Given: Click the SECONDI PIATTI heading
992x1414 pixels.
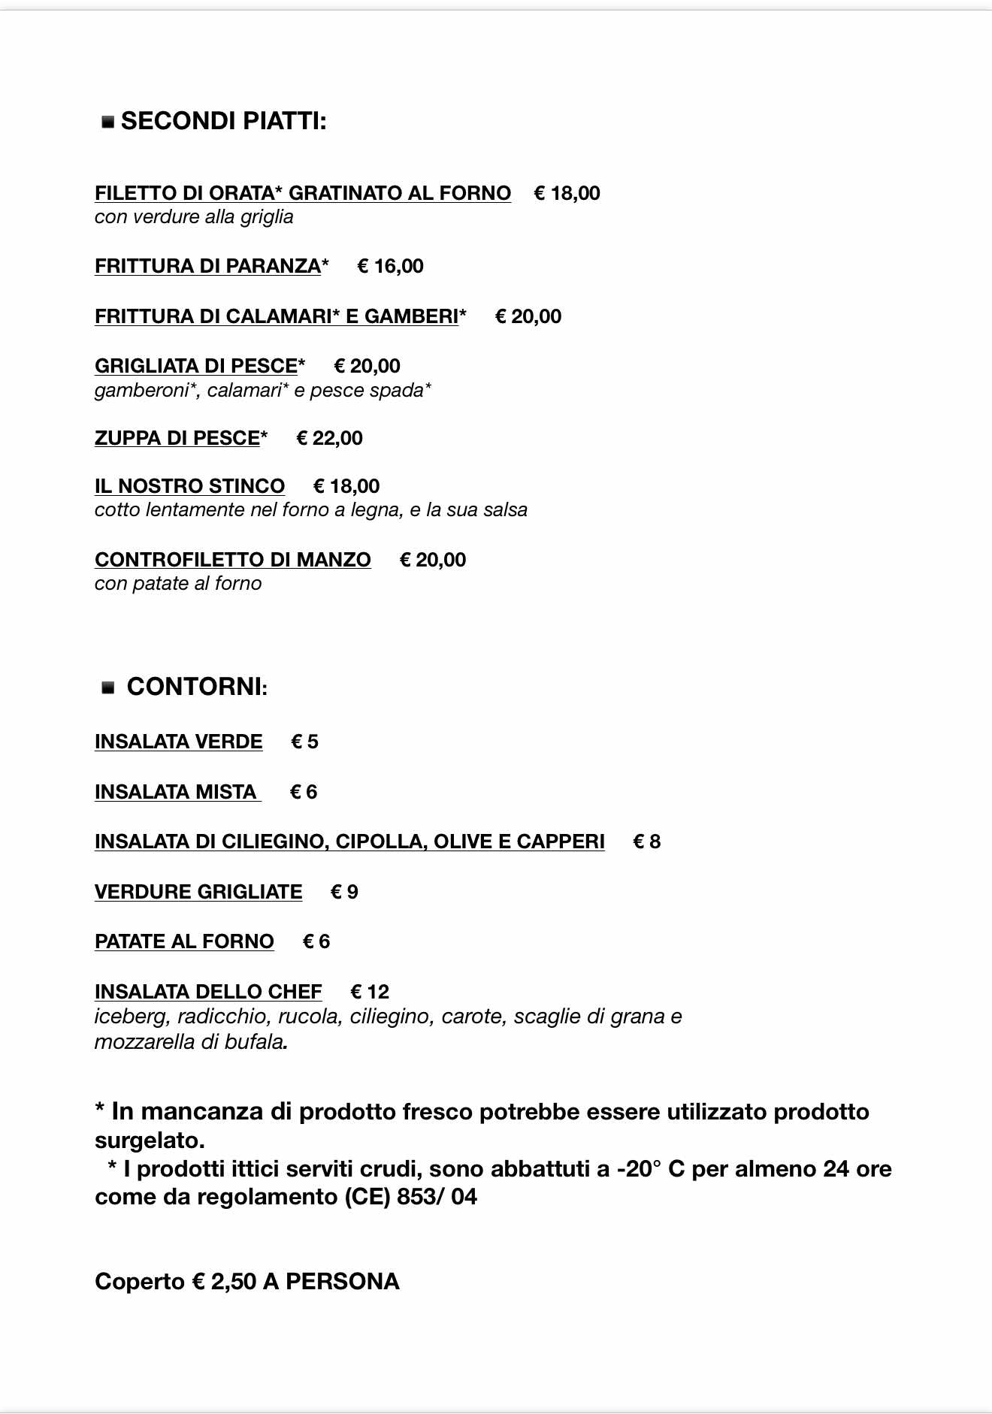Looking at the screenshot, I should (x=223, y=121).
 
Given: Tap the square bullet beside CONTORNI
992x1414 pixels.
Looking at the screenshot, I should (x=108, y=687).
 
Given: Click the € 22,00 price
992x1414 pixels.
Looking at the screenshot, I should (x=330, y=438).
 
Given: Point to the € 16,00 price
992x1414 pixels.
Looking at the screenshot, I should (x=390, y=266).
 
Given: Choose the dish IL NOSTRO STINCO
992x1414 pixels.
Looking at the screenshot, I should (x=189, y=486).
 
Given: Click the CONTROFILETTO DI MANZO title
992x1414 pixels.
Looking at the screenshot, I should (x=233, y=560).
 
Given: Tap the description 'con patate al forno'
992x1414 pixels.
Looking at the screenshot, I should (x=178, y=584).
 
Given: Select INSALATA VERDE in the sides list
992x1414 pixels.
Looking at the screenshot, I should (x=179, y=742).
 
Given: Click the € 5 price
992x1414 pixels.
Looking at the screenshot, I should (x=304, y=742).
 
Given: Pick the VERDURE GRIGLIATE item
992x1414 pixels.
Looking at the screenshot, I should (x=198, y=892).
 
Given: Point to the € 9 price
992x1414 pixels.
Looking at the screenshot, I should (x=344, y=892).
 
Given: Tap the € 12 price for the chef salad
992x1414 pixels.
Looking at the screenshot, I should (x=370, y=992).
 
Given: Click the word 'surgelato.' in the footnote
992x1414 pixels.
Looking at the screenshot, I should (x=150, y=1141).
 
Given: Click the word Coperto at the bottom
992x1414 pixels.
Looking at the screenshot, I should (x=140, y=1281).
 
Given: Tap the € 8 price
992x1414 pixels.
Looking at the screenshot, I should (x=646, y=841).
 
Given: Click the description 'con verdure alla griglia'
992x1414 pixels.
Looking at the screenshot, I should (x=194, y=217).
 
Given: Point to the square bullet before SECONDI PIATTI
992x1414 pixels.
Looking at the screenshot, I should (x=108, y=122).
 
